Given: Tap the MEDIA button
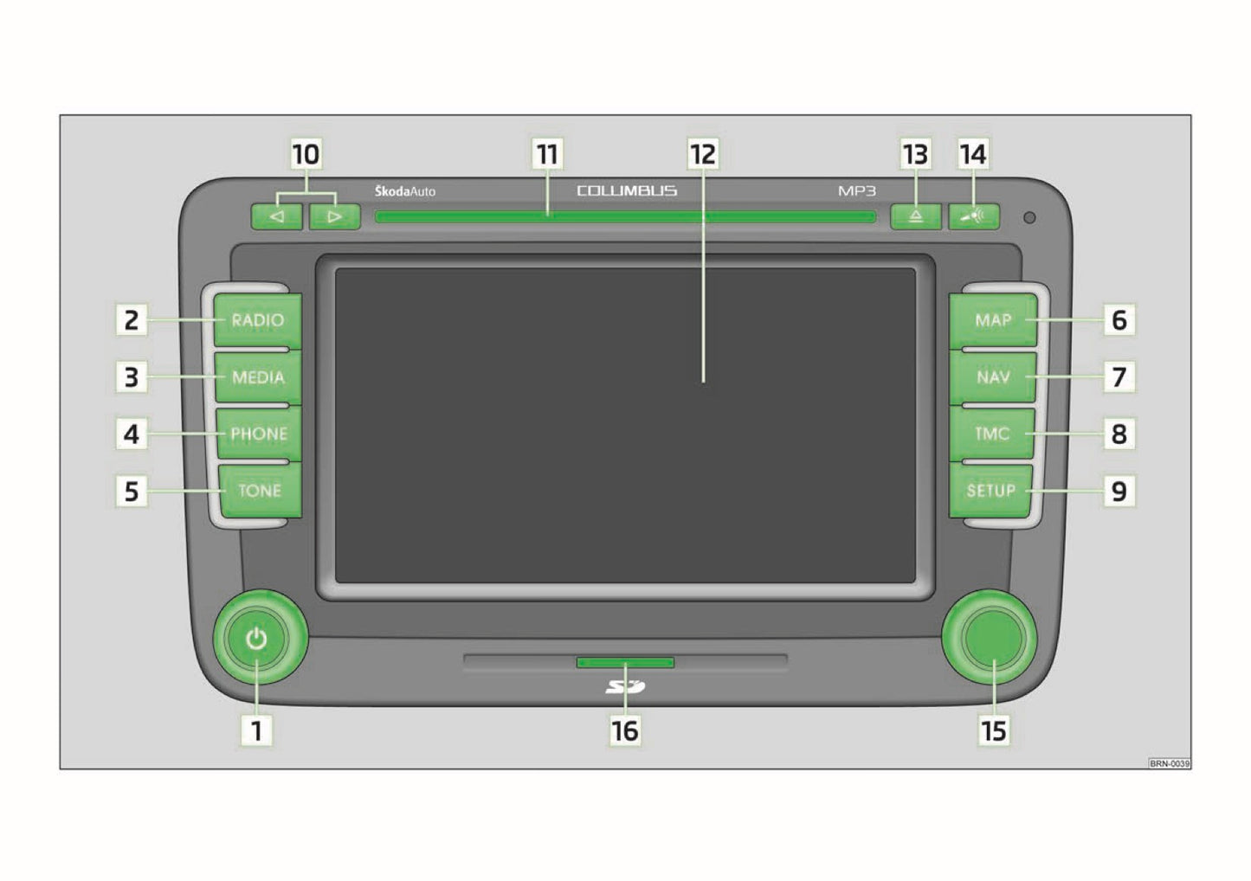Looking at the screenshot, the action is coord(258,376).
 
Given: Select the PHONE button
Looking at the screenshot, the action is coord(259,434).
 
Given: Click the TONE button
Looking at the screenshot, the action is coord(260,491).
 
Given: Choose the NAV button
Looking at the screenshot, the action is coord(993,376).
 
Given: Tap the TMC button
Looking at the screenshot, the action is coord(992,434).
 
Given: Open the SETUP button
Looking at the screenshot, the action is coord(990,491).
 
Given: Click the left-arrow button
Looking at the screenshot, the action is coord(276,216).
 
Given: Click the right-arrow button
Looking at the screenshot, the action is coord(334,216).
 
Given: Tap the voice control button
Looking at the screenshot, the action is coord(973,216).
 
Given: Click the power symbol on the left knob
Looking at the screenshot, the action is coord(256,638).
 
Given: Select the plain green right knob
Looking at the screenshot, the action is coord(989,638).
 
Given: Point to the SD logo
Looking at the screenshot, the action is coord(625,686).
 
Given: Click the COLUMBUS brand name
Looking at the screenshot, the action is coord(627,191).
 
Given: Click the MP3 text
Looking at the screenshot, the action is coord(857,191).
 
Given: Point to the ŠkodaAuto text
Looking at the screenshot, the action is coord(405,191).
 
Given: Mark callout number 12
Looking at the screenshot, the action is coord(703,154).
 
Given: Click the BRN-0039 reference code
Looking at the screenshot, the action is coord(1169,763).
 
